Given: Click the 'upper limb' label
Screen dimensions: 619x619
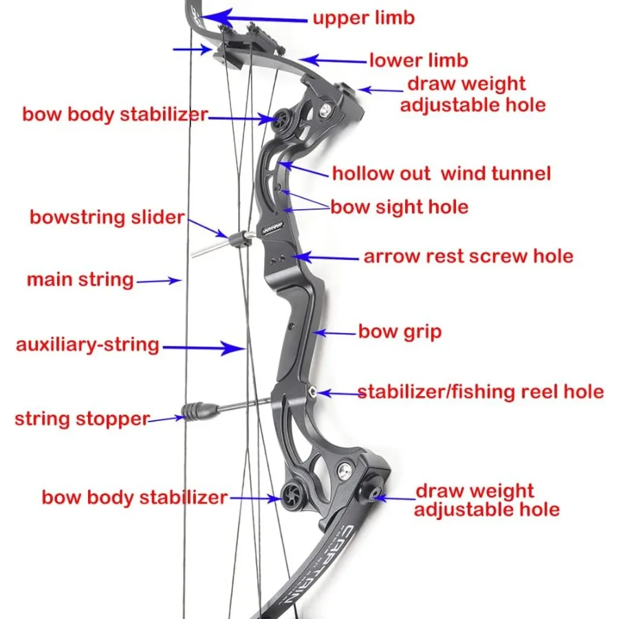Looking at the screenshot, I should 364,17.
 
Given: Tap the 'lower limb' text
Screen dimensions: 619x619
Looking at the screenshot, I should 418,61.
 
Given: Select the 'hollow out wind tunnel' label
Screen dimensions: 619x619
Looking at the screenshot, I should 441,173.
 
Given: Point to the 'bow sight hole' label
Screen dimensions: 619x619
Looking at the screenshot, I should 399,207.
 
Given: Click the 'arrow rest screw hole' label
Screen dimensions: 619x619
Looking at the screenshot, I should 468,257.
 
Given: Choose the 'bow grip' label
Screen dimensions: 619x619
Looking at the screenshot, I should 399,332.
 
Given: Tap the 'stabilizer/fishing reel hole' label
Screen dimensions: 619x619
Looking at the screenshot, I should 480,392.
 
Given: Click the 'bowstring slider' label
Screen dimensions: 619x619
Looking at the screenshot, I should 107,218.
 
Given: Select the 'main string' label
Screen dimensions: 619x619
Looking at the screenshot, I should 80,280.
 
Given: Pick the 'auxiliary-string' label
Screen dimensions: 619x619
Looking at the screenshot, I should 87,345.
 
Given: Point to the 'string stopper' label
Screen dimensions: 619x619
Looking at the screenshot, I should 82,418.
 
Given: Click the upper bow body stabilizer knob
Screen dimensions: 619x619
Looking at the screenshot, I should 283,118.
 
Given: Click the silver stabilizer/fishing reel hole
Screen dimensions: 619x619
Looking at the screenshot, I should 313,392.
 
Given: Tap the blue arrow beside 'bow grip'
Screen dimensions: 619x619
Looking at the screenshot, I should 335,334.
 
